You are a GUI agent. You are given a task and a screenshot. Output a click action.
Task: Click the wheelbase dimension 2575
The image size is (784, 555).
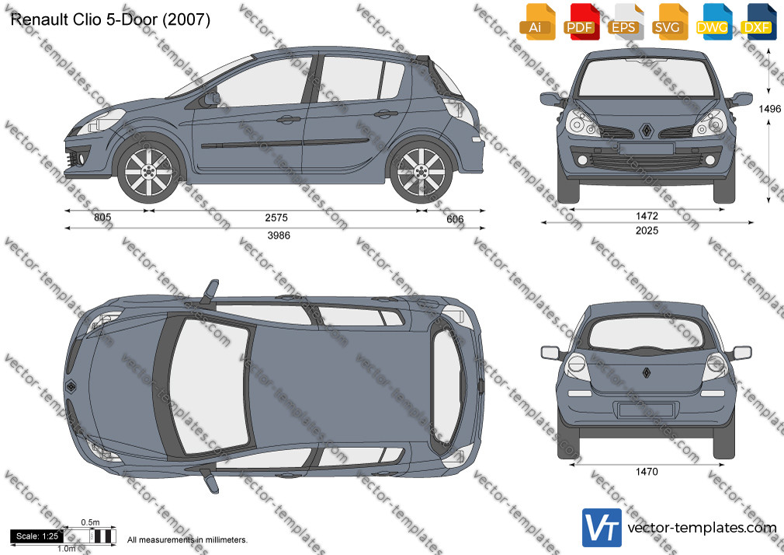tap(276, 218)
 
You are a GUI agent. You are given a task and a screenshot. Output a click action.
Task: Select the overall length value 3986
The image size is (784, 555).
tap(279, 236)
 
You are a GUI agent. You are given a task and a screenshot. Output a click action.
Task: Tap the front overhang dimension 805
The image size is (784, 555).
tap(102, 218)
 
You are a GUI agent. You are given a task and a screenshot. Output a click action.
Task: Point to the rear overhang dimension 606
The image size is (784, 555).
tap(455, 219)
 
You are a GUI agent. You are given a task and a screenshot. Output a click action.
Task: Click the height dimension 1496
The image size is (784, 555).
tap(769, 109)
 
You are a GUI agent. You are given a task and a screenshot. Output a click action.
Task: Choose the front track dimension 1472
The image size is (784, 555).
tap(647, 216)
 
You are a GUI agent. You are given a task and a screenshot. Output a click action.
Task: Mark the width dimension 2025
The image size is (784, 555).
tap(647, 230)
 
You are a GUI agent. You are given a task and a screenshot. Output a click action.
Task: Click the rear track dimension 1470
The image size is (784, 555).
tap(647, 471)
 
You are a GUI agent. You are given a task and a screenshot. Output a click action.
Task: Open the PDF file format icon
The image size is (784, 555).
tap(580, 22)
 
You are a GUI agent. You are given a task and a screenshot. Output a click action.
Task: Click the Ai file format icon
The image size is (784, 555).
tap(536, 22)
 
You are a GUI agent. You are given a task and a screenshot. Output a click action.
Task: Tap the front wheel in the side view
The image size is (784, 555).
tap(148, 172)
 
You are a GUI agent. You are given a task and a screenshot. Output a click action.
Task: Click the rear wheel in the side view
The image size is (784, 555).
tap(421, 172)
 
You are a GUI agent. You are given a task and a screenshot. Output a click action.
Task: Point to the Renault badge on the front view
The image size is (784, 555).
tap(647, 131)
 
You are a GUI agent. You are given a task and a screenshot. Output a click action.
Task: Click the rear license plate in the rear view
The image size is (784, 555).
tap(647, 410)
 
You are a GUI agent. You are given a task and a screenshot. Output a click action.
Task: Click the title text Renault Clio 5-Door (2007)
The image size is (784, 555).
tap(110, 19)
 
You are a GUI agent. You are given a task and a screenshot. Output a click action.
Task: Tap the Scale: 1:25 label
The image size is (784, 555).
tap(37, 536)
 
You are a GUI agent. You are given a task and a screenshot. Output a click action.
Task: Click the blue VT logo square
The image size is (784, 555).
tap(602, 528)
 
